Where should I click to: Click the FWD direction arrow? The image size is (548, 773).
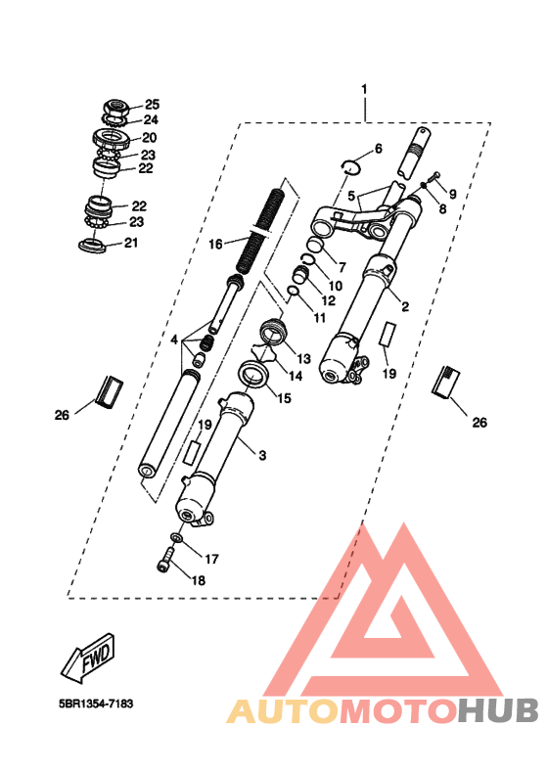(x=89, y=659)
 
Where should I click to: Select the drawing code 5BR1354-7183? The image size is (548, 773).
(x=96, y=704)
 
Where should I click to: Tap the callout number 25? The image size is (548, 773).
(x=153, y=105)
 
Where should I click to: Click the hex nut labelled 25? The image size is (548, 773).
(x=115, y=108)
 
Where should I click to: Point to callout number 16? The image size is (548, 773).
(x=215, y=244)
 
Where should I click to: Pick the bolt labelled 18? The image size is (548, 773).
(x=166, y=560)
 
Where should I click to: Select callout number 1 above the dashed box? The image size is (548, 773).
(x=364, y=90)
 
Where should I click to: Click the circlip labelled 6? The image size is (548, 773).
(x=351, y=166)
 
